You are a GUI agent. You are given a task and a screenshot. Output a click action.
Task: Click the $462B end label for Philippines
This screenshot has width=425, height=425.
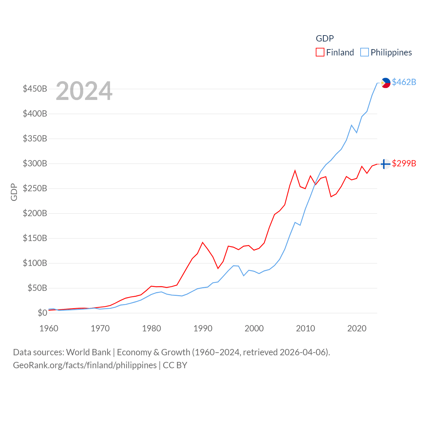point(404,82)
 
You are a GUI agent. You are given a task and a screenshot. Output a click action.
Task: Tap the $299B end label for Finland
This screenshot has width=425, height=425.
point(404,163)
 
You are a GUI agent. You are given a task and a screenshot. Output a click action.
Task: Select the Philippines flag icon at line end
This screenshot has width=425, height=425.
point(385,83)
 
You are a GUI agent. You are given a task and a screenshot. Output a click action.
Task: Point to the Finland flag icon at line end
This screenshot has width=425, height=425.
point(385,164)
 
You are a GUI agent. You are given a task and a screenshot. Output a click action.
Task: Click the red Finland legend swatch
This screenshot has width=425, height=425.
point(320,52)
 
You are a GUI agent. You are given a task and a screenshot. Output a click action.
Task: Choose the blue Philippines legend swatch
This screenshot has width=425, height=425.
point(364,52)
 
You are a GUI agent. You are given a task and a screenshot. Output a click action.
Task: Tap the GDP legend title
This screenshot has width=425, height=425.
point(325,39)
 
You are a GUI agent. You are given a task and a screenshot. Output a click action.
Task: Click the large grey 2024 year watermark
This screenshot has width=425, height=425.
point(84,91)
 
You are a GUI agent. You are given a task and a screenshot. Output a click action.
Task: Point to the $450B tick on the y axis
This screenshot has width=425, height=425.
point(35,89)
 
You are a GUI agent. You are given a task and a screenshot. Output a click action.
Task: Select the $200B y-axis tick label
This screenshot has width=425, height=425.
point(35,213)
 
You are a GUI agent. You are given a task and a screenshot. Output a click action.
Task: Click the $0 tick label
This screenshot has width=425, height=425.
point(42,313)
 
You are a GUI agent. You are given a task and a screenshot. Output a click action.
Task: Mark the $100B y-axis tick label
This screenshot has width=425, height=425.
point(35,263)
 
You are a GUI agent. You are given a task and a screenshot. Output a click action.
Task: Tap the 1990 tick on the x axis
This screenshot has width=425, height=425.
point(203,328)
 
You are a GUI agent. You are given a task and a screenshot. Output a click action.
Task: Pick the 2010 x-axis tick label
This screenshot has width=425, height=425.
point(305,328)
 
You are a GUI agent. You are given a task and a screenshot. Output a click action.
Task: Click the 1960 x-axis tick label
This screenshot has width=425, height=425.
point(49,328)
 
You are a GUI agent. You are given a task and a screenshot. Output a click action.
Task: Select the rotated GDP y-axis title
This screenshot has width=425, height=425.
point(14,192)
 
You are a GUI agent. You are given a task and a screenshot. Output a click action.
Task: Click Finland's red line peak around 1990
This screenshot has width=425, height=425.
point(203,242)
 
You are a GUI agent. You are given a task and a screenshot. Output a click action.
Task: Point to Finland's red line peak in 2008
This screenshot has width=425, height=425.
point(295,171)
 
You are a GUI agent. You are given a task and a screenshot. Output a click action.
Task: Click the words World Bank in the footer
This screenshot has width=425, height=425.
point(88,352)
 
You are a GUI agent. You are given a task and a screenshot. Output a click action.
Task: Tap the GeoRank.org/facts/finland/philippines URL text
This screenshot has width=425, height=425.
point(85,365)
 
